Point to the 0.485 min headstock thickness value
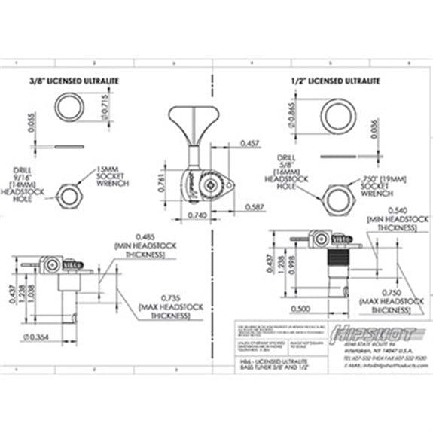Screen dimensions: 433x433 (139, 236)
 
